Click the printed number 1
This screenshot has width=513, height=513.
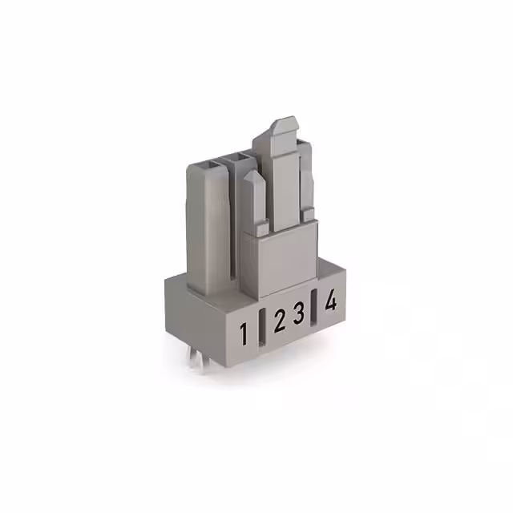coord(244,333)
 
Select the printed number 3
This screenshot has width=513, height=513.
coord(298,314)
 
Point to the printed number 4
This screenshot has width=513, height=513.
coord(329,302)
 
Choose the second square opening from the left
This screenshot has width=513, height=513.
coord(239,160)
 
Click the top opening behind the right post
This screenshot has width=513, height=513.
coord(301,143)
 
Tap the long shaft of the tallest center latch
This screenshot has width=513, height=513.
coord(282,184)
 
